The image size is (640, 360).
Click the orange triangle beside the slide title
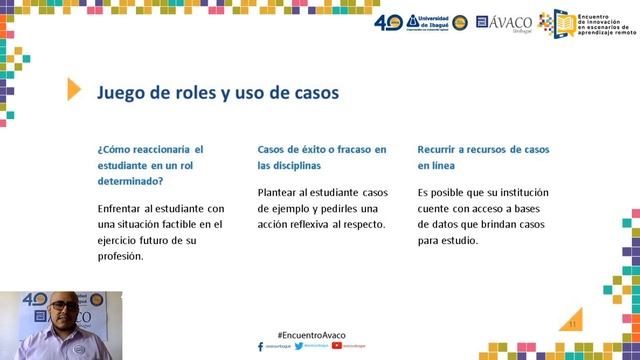(x=74, y=90)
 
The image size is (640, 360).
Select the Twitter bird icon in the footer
(x=299, y=346)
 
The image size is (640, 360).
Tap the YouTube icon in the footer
(x=336, y=346)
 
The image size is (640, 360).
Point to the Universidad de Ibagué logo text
(x=429, y=21)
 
